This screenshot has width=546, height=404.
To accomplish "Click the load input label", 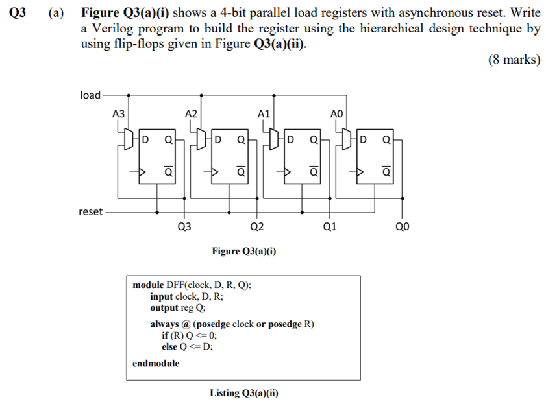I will click(90, 95).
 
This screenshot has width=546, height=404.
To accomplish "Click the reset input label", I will click(90, 211).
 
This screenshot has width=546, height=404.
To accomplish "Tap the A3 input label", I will click(118, 113).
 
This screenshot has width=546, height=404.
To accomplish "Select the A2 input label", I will click(191, 113).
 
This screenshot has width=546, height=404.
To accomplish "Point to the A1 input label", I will click(264, 113).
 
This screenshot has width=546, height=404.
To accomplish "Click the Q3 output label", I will click(184, 228).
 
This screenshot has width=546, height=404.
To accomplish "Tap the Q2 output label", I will click(257, 228).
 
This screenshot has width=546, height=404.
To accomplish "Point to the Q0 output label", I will click(403, 228).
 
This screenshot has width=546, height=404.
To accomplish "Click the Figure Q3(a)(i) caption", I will click(244, 250).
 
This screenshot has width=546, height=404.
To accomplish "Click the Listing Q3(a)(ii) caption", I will click(244, 393).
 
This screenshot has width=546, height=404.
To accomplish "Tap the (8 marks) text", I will click(514, 60).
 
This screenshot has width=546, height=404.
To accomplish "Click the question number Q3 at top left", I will click(18, 12).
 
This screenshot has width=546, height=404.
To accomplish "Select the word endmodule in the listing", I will click(156, 363).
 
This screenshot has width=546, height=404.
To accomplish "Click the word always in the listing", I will click(165, 324).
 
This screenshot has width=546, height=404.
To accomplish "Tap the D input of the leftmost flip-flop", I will click(145, 139).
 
